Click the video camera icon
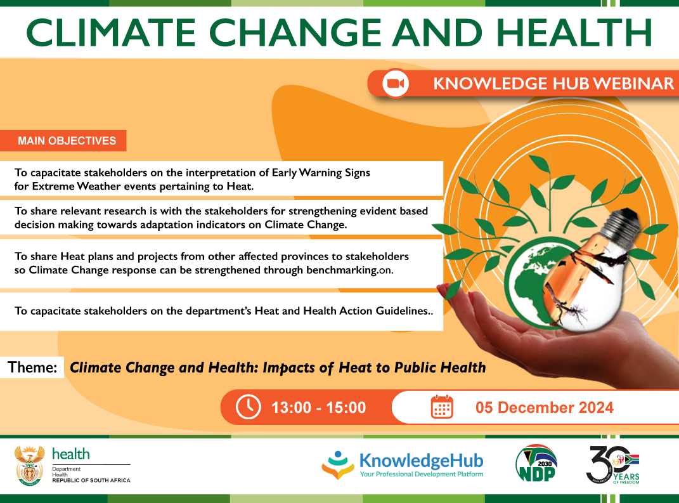[x=395, y=83]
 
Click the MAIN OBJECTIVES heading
[x=67, y=141]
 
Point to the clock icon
[x=248, y=407]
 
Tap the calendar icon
[x=442, y=407]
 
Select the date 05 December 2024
[x=545, y=407]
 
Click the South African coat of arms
[x=30, y=465]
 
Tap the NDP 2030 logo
[x=536, y=465]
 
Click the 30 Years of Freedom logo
[x=612, y=465]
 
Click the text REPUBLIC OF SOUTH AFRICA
[x=91, y=481]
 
